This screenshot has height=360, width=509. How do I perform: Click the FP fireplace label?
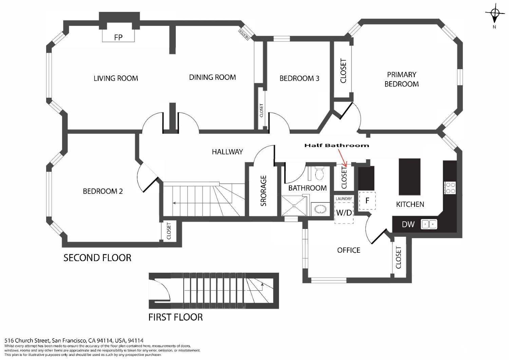[x=118, y=37]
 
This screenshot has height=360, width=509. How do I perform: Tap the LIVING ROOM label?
[x=116, y=78]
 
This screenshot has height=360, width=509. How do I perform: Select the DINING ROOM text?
[x=212, y=77]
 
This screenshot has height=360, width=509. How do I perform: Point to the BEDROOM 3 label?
[x=299, y=78]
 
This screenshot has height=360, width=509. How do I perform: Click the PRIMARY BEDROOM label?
[x=401, y=79]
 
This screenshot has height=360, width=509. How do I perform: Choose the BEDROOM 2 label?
[x=103, y=191]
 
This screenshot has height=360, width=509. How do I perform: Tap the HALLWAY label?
[x=227, y=151]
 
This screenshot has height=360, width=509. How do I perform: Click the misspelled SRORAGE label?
[x=264, y=191]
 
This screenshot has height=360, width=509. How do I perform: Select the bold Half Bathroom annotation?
[x=336, y=145]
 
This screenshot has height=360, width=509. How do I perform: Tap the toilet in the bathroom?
[x=319, y=174]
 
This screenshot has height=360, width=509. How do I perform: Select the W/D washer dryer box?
[x=344, y=213]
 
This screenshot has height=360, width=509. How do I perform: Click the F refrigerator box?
[x=367, y=201]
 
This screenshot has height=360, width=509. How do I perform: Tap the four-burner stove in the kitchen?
[x=450, y=188]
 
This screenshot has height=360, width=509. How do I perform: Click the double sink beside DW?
[x=429, y=224]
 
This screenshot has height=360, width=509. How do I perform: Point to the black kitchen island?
[x=409, y=177]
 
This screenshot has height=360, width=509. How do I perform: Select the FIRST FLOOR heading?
[x=175, y=317]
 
